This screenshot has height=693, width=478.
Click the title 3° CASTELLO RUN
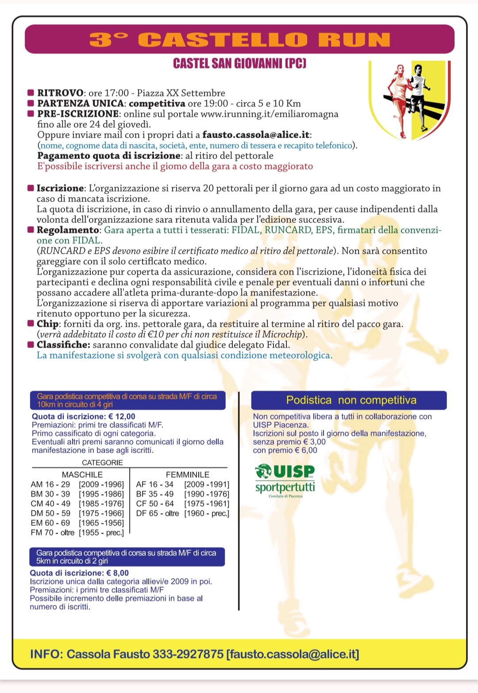click(x=239, y=39)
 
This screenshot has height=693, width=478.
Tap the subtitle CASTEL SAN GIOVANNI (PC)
click(x=239, y=63)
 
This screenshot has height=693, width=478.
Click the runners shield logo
click(x=409, y=101)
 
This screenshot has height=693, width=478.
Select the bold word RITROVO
click(x=60, y=93)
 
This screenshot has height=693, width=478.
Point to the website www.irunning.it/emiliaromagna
click(x=269, y=114)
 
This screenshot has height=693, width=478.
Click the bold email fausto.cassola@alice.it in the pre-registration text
click(x=256, y=135)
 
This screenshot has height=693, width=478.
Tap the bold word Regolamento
click(x=68, y=230)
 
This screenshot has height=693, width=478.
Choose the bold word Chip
click(x=47, y=324)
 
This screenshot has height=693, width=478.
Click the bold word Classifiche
click(x=63, y=345)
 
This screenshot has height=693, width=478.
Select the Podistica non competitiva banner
click(x=349, y=400)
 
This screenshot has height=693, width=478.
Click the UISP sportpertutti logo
click(x=285, y=481)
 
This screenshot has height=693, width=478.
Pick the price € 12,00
click(x=122, y=416)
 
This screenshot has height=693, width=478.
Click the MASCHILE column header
click(x=82, y=474)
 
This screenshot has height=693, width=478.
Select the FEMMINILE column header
click(x=187, y=474)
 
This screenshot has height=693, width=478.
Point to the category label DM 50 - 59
click(x=50, y=513)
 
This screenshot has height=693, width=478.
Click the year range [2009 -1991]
click(x=207, y=484)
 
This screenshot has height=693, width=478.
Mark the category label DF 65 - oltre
click(x=158, y=513)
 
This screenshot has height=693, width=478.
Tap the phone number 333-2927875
click(x=188, y=654)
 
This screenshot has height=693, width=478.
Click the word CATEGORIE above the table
click(x=102, y=463)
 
